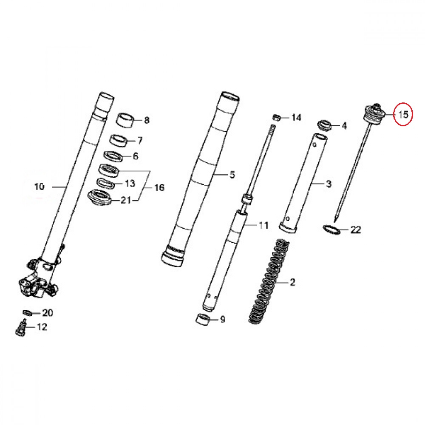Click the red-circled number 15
click(x=403, y=115)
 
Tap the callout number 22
click(x=356, y=230)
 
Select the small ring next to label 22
click(x=331, y=229)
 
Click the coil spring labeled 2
click(x=268, y=282)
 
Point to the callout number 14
click(x=296, y=118)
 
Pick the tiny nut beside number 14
click(x=276, y=118)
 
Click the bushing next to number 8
click(x=126, y=120)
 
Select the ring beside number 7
click(x=119, y=140)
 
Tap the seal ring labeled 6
click(x=114, y=157)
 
